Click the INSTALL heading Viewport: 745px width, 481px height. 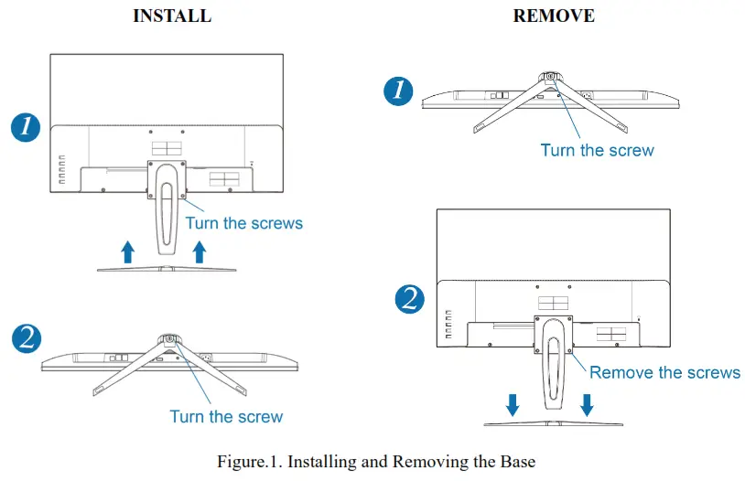(x=172, y=16)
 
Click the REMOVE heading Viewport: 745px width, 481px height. (x=554, y=16)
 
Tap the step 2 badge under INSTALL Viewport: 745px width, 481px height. (x=27, y=338)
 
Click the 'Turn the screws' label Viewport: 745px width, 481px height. (x=243, y=222)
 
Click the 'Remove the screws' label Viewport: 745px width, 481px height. (x=664, y=372)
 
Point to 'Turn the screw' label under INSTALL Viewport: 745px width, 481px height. (x=226, y=416)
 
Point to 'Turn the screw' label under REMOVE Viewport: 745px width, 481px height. (x=597, y=150)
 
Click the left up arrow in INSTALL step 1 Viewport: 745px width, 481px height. (x=128, y=251)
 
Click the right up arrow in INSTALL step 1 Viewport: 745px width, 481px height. (x=200, y=251)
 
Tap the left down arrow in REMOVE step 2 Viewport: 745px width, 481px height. (x=513, y=403)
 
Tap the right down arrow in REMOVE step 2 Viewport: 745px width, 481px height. (x=587, y=403)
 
